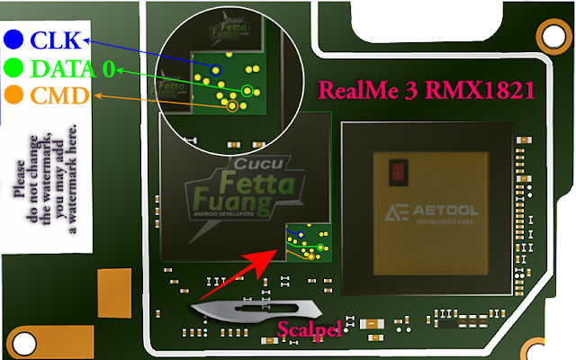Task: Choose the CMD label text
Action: (57, 94)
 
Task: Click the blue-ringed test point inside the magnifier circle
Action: (216, 67)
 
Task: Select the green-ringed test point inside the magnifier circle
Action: (247, 89)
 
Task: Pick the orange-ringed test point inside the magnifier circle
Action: (232, 105)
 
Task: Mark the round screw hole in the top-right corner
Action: (551, 34)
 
